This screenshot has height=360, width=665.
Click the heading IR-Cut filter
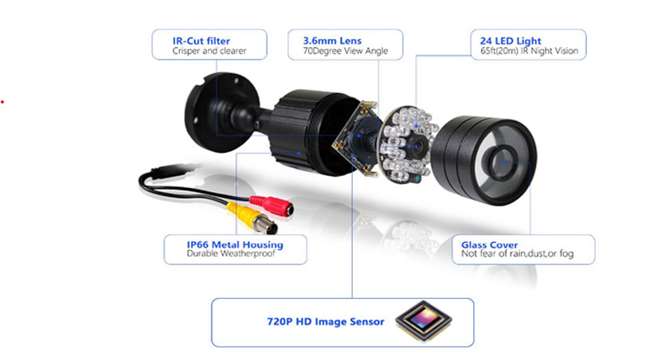click(201, 41)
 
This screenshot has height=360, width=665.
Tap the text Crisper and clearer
click(209, 51)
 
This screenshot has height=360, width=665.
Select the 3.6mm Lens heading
click(332, 41)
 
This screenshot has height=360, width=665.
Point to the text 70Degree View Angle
click(345, 51)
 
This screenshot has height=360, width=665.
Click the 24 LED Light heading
click(510, 41)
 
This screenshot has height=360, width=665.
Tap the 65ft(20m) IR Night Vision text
click(530, 51)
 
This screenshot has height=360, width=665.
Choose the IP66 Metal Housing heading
click(235, 245)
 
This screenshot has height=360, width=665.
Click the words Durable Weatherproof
click(231, 253)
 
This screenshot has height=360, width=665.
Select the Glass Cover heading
click(490, 245)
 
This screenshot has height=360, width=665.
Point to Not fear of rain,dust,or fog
click(518, 253)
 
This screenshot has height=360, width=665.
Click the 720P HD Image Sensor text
click(325, 322)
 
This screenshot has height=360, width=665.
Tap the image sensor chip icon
click(424, 320)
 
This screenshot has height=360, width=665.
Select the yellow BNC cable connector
click(252, 217)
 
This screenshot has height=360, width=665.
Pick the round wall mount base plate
click(221, 112)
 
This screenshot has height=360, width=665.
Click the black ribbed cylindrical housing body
click(314, 132)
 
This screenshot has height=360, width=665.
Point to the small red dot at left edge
click(2, 102)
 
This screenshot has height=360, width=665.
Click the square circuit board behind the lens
click(355, 138)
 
